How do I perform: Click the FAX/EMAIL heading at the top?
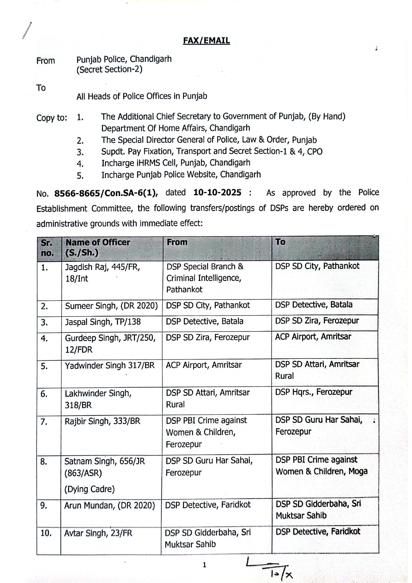(x=206, y=41)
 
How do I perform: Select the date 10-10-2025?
(x=217, y=193)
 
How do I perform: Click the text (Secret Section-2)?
(x=109, y=69)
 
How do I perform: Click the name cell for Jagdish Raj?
(x=103, y=272)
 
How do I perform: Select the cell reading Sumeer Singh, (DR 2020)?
(x=111, y=306)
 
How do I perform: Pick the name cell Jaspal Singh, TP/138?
(x=103, y=322)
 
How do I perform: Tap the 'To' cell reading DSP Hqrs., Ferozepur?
(x=314, y=392)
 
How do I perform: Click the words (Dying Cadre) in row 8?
(x=89, y=489)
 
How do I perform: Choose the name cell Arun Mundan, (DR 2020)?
(x=110, y=506)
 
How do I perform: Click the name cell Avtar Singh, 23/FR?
(x=98, y=534)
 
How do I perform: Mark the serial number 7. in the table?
(x=44, y=422)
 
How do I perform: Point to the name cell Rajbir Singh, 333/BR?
(x=102, y=421)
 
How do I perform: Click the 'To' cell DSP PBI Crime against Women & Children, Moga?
(x=321, y=465)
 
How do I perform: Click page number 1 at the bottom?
(x=204, y=565)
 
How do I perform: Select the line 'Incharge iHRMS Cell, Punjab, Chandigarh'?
(x=176, y=163)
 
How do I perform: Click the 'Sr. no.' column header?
(x=47, y=248)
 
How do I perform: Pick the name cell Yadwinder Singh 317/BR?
(x=110, y=365)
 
